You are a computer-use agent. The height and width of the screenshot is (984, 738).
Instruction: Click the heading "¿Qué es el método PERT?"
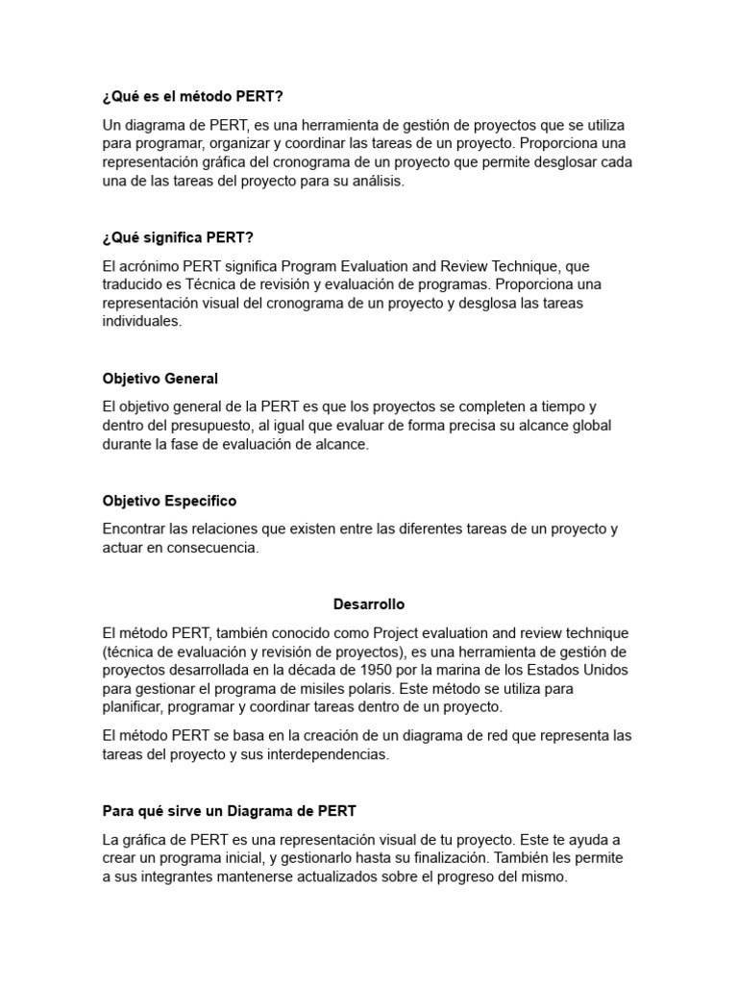(192, 97)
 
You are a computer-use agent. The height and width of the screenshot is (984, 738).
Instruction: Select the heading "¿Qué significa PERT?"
(178, 237)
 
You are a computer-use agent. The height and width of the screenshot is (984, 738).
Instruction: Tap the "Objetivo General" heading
(160, 379)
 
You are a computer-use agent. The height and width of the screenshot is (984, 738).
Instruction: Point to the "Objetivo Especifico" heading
(169, 502)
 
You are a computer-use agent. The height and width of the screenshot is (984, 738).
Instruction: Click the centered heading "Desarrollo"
(369, 604)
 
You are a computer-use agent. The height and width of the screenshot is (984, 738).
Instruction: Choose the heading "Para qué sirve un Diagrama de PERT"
(230, 784)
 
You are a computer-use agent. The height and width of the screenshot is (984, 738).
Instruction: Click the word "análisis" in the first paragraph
(378, 181)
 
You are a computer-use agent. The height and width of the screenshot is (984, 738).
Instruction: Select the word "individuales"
(141, 322)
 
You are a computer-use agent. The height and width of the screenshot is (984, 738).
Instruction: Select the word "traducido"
(133, 284)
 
